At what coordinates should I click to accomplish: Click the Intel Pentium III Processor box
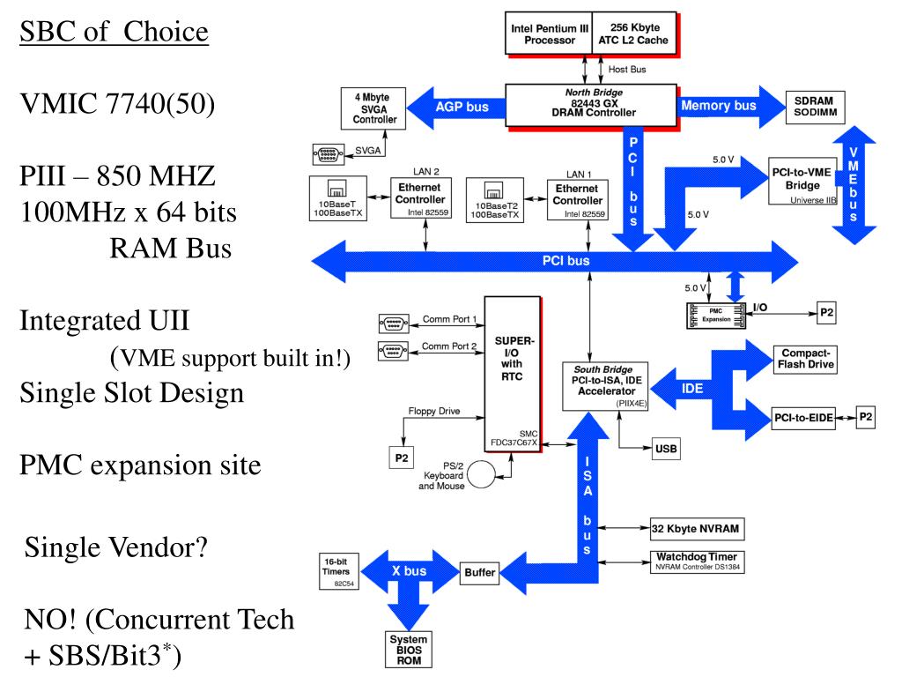pos(549,33)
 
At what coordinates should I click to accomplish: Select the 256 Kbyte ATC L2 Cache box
pos(633,33)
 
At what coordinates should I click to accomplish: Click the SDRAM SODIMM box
pos(814,107)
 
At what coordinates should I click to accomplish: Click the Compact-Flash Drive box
pos(803,358)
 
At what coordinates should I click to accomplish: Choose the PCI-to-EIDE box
pos(802,418)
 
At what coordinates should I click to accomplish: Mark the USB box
pos(666,448)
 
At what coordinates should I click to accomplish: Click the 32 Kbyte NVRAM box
pos(696,529)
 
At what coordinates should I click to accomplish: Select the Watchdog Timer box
pos(696,562)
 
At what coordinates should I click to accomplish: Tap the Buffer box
pos(479,573)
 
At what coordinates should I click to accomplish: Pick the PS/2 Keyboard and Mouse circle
pos(481,473)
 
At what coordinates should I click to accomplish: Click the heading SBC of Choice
pos(115,33)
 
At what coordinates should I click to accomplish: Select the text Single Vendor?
pos(115,548)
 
